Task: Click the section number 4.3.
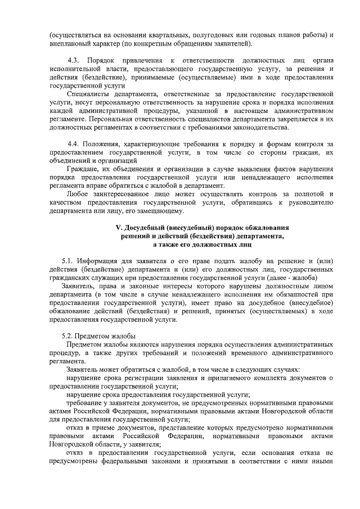(73, 60)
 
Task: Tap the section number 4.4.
(73, 144)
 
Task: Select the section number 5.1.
(67, 260)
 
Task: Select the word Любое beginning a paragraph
(76, 194)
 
